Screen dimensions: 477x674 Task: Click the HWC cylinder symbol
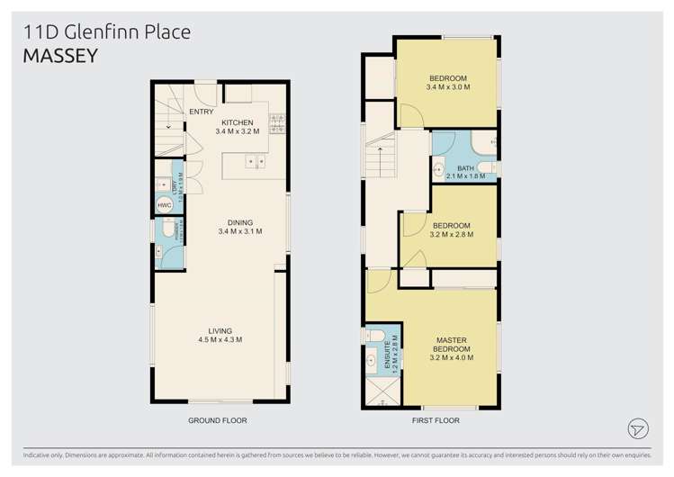point(164,205)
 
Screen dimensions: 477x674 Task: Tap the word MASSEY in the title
point(59,56)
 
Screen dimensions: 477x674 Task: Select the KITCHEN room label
point(238,122)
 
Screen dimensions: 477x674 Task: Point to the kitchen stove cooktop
point(276,123)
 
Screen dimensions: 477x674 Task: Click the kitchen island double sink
point(255,162)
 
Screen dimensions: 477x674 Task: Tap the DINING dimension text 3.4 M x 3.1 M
point(239,232)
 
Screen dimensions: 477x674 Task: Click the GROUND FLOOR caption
point(217,420)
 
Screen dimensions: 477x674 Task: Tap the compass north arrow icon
point(638,428)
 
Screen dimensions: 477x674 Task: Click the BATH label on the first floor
point(464,168)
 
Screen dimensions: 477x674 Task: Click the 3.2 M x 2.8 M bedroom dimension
point(452,234)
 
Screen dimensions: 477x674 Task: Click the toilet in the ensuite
point(374,336)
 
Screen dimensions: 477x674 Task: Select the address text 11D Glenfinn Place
point(106,33)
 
